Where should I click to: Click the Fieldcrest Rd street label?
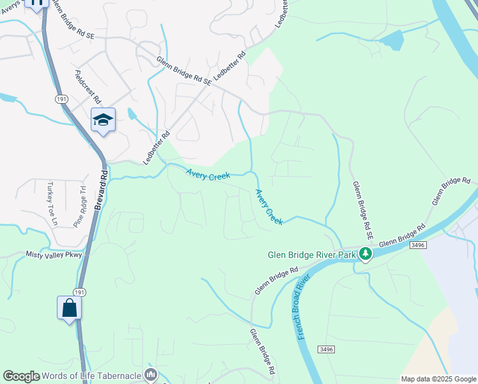88,87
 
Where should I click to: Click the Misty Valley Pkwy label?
54,255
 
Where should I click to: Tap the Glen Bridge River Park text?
311,254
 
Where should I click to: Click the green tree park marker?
366,254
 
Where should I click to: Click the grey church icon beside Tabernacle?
151,374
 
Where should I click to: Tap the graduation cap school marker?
103,120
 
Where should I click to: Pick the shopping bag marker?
69,308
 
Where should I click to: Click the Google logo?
21,376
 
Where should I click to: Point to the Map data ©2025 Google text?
438,379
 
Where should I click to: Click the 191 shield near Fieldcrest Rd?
61,100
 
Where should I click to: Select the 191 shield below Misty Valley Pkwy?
79,292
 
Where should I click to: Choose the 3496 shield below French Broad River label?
326,348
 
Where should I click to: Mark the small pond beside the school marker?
132,115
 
